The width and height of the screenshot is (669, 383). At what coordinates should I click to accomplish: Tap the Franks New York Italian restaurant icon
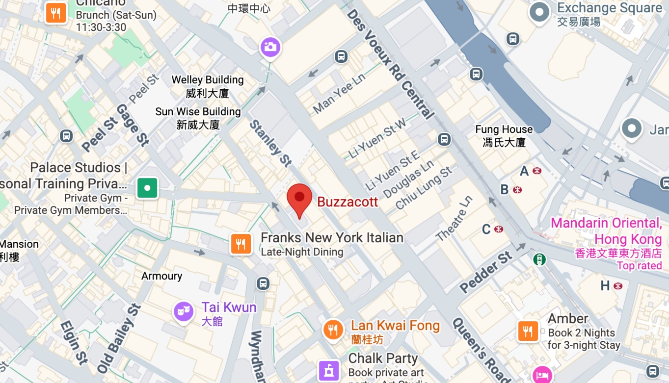click(241, 244)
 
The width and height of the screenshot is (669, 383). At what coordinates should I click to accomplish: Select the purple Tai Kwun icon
click(184, 311)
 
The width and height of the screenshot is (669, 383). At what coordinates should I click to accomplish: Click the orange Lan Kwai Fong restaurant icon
click(333, 329)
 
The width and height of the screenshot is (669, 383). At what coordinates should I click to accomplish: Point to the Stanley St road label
click(270, 143)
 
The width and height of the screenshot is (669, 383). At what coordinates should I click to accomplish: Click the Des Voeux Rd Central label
click(391, 64)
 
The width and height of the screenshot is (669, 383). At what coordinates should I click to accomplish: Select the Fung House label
click(504, 135)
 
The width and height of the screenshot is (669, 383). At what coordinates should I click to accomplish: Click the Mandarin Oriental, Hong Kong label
click(606, 231)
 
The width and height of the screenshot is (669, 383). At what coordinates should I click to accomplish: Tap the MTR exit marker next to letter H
click(618, 286)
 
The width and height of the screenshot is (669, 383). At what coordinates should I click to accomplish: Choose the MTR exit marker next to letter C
click(499, 229)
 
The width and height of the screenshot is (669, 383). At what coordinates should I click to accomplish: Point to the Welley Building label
click(208, 86)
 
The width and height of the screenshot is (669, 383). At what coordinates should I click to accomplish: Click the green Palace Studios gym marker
click(147, 187)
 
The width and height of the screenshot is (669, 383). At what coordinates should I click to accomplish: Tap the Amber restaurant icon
click(528, 331)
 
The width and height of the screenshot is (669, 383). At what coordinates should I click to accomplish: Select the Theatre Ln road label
click(455, 219)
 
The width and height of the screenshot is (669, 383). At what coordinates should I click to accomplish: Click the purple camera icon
click(270, 47)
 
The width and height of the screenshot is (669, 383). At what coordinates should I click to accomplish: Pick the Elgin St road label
click(74, 342)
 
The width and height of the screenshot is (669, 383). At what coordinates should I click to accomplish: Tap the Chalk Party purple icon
click(329, 370)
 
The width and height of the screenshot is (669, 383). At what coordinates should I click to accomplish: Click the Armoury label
click(161, 276)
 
